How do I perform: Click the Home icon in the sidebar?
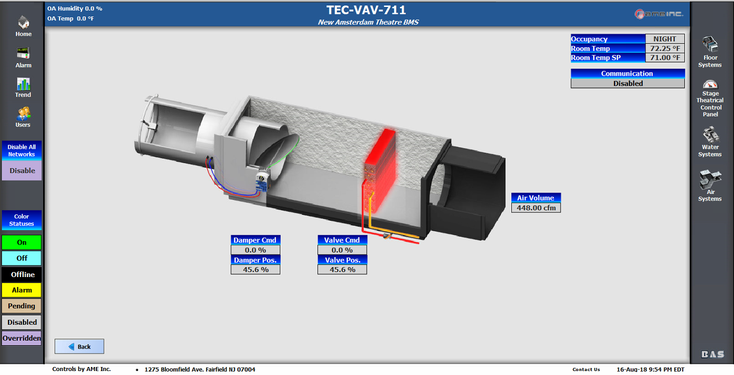coord(23,22)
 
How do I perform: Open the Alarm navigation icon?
coord(23,53)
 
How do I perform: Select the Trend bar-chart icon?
coord(23,84)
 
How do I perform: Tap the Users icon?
coord(23,114)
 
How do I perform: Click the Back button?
coord(80,347)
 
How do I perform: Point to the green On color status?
coord(22,243)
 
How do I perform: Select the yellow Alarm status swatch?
coord(22,290)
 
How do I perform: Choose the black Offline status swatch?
coord(22,275)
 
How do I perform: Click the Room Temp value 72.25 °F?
coord(665,49)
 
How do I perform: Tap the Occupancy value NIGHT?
coord(665,39)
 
